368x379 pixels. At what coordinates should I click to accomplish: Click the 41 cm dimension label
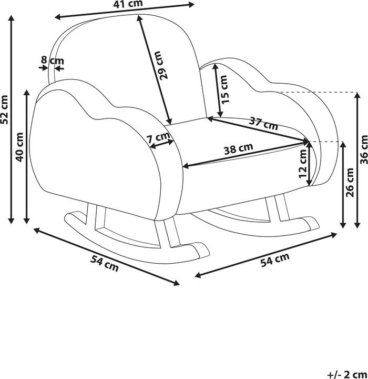[x=128, y=5]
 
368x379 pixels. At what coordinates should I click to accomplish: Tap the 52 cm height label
[x=5, y=109]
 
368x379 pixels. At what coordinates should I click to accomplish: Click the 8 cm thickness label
[x=53, y=61]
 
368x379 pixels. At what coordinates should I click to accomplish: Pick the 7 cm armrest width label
[x=160, y=138]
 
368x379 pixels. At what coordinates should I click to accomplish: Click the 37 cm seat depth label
[x=263, y=124]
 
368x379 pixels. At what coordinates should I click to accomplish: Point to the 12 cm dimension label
[x=303, y=165]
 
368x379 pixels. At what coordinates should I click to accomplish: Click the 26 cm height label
[x=351, y=183]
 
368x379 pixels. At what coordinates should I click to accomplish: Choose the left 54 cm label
[x=105, y=263]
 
